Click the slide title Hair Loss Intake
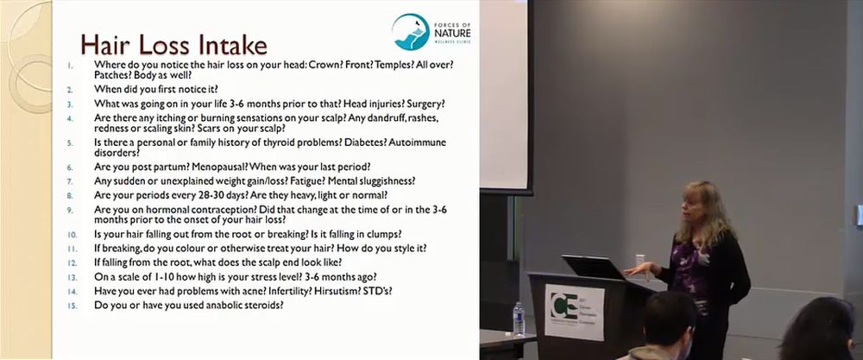(x=174, y=45)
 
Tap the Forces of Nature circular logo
(x=411, y=32)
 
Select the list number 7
(x=70, y=181)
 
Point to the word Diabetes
(x=365, y=142)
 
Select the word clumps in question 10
(x=385, y=233)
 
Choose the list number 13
(x=72, y=277)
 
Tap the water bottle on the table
(x=519, y=319)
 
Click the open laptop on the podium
(x=595, y=267)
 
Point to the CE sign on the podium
(x=574, y=312)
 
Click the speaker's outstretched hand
(x=638, y=269)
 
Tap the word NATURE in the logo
(x=452, y=35)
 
